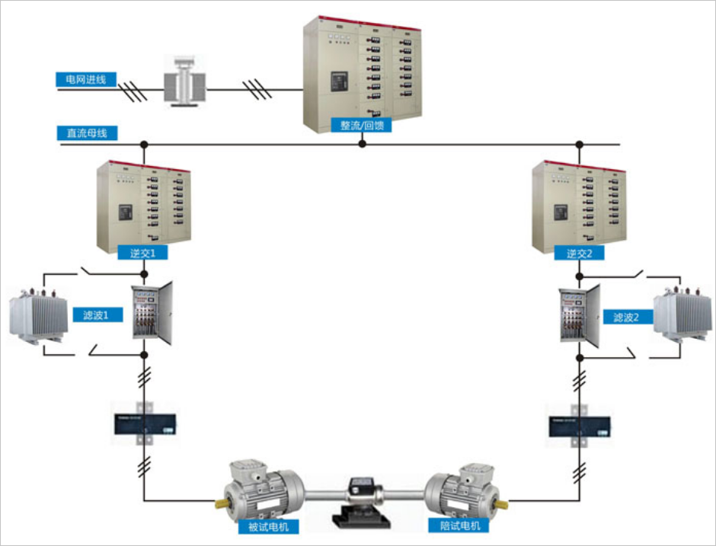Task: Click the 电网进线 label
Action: [86, 78]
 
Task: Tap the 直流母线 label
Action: [87, 133]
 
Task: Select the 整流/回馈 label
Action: [361, 125]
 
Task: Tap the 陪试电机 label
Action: [460, 525]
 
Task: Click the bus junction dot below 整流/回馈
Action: [363, 143]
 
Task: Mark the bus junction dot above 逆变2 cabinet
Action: [580, 143]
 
